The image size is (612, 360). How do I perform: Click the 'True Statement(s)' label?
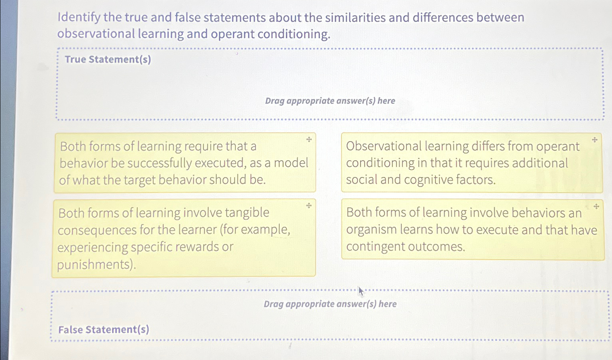pyautogui.click(x=108, y=59)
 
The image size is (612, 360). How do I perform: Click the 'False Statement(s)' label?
pyautogui.click(x=104, y=329)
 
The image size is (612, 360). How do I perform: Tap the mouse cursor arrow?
pyautogui.click(x=361, y=291)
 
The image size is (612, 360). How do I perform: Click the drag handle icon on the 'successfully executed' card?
pyautogui.click(x=309, y=140)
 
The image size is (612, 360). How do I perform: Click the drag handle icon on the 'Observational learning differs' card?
pyautogui.click(x=594, y=140)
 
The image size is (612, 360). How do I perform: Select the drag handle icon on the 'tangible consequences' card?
pyautogui.click(x=309, y=206)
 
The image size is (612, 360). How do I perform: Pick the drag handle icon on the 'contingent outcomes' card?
pyautogui.click(x=596, y=207)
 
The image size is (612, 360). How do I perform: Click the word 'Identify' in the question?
pyautogui.click(x=79, y=18)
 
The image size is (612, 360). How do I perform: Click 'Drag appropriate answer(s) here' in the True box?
pyautogui.click(x=330, y=101)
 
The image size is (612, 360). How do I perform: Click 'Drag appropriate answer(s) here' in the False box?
pyautogui.click(x=330, y=304)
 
